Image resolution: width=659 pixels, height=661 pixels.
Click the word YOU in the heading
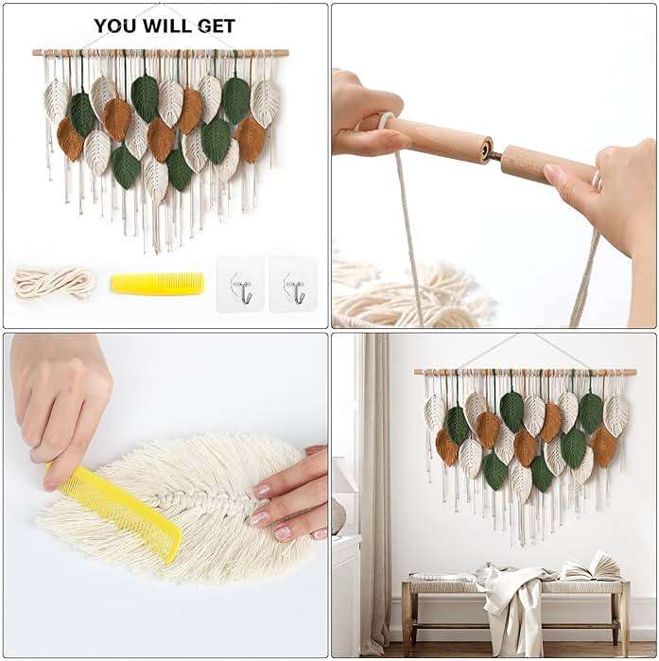click(x=113, y=26)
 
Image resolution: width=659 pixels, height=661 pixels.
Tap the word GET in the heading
click(x=214, y=26)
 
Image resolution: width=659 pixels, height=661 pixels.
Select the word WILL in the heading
click(x=163, y=26)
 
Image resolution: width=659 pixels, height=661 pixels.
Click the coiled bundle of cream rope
click(x=54, y=281)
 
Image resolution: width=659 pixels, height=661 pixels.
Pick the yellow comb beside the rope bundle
click(x=156, y=282)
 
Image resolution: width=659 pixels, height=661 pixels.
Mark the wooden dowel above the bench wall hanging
click(x=525, y=372)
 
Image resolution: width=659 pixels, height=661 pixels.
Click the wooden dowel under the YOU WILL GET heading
click(x=160, y=53)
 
